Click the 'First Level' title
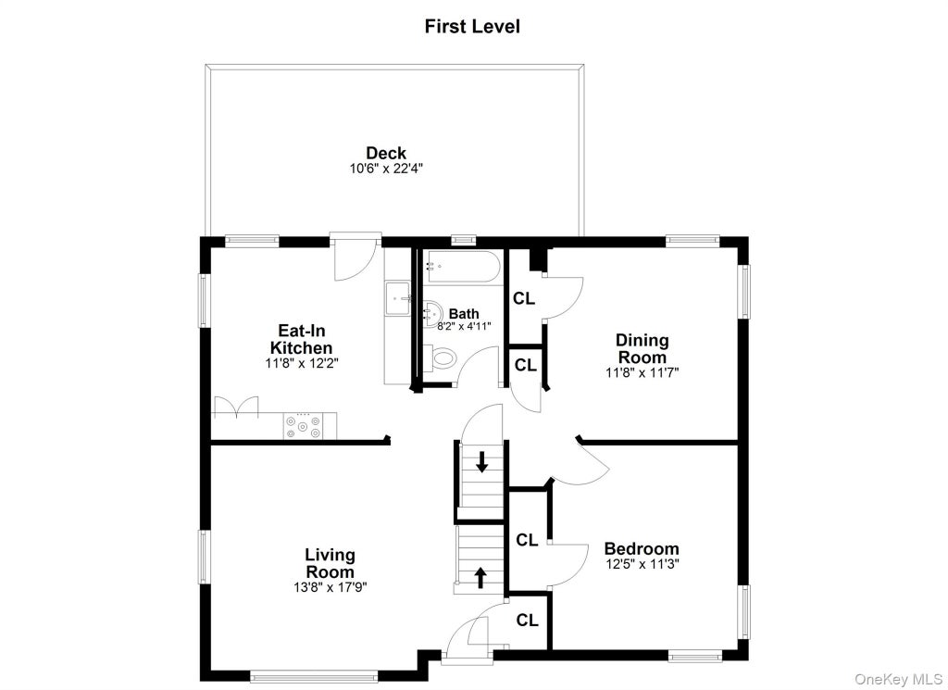click(472, 27)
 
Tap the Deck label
click(386, 153)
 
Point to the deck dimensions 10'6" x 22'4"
click(386, 169)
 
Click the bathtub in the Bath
click(461, 267)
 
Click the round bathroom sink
click(433, 312)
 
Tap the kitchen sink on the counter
click(398, 298)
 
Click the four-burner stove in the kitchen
click(303, 426)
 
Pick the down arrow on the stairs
click(481, 462)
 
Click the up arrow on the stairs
click(480, 577)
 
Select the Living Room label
click(331, 563)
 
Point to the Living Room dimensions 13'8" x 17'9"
click(331, 586)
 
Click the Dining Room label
click(642, 348)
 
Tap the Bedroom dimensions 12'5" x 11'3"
click(642, 564)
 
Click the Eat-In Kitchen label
click(301, 339)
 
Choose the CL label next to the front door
click(527, 621)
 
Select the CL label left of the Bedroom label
click(527, 540)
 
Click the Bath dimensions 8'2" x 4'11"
click(465, 326)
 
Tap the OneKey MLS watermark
click(898, 680)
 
